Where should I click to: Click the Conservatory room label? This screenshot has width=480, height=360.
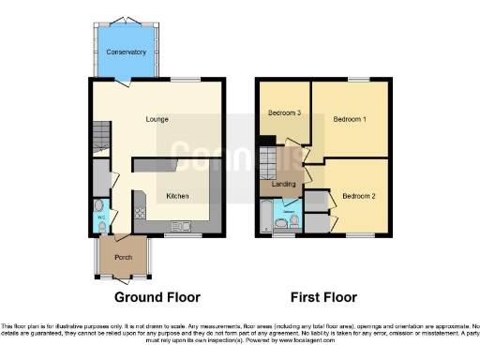126,52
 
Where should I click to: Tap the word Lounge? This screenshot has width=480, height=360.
157,119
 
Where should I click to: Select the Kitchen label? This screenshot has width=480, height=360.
177,196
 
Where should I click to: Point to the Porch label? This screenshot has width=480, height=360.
123,256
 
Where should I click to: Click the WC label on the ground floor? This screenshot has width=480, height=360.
100,219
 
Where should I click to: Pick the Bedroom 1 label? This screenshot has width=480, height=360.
350,119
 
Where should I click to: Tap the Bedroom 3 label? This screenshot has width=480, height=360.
284,112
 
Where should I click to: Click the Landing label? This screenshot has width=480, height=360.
283,184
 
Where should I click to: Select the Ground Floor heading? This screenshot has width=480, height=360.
157,298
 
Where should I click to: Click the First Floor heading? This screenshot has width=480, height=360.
322,298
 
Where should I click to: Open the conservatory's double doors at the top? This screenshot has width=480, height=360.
123,21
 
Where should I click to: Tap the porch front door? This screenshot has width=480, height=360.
122,277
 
